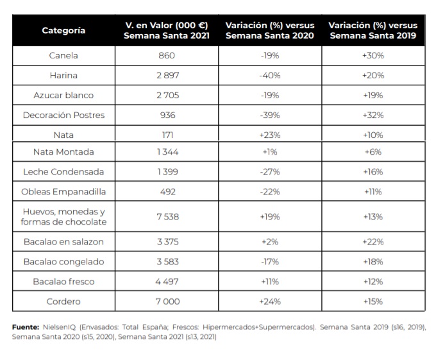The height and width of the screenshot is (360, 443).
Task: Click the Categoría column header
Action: coord(63,30)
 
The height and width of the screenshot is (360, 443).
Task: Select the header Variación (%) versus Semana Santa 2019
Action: coord(373,30)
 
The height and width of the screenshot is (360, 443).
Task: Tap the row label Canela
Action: coord(63,55)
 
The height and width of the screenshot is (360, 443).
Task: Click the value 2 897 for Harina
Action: coord(168,75)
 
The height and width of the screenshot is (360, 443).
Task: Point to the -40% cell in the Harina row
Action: coord(270,75)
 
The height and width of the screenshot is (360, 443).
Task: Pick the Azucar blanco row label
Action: coord(63,96)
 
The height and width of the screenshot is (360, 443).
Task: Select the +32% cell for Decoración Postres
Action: coord(373,115)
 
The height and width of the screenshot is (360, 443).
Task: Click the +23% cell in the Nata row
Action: coord(270,135)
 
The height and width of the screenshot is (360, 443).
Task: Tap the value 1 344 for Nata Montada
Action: coord(168,152)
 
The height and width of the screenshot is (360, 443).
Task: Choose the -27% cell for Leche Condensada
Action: coord(270,171)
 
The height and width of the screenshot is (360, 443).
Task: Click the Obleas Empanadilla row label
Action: coord(63,192)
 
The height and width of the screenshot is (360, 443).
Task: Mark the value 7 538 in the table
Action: coord(168,217)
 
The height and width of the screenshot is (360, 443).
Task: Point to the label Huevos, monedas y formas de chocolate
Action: coord(63,217)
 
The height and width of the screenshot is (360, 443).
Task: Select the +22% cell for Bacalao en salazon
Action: coord(373,242)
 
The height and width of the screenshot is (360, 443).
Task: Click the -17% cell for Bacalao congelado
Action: coord(270,262)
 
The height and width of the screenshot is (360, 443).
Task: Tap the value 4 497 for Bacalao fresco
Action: coord(167,281)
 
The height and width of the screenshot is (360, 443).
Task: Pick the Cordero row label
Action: coord(63,302)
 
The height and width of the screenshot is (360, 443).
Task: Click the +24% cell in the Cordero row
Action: coord(270,302)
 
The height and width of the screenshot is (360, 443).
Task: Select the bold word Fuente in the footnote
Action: coord(26,327)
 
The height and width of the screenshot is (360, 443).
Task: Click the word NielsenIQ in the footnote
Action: coord(60,327)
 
